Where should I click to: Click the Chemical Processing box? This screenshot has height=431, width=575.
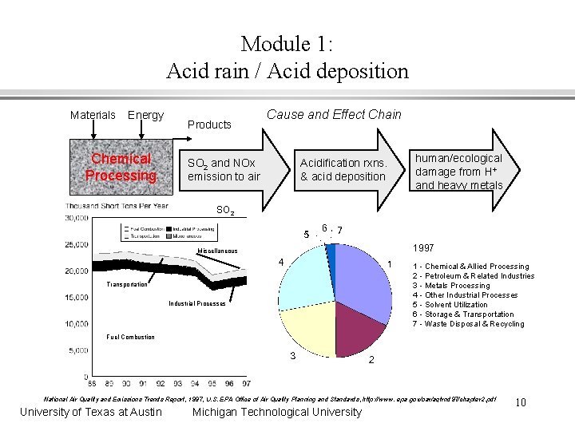point(121,168)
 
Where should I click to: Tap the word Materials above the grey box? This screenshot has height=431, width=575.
point(93,115)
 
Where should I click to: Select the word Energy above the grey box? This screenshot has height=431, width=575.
point(145,115)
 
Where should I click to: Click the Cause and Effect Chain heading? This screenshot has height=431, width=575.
point(334,114)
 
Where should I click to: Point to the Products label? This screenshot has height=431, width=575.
point(209,125)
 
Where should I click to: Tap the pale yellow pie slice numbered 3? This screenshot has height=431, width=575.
point(307,327)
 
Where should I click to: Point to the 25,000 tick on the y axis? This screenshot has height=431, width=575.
point(77,244)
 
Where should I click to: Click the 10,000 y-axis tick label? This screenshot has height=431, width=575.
point(77,323)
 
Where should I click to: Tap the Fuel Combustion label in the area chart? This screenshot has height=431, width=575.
point(131,337)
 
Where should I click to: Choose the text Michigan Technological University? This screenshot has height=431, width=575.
point(277,412)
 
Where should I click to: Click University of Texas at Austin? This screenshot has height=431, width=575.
point(91,412)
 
